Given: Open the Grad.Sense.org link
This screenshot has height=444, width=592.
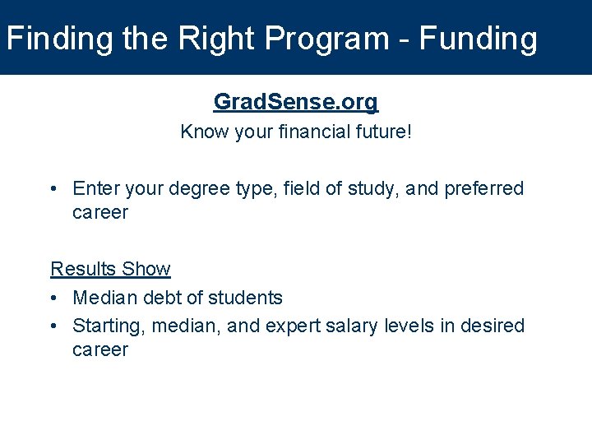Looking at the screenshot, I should click(x=296, y=102).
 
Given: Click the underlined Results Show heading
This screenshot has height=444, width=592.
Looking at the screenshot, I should click(x=110, y=269).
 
